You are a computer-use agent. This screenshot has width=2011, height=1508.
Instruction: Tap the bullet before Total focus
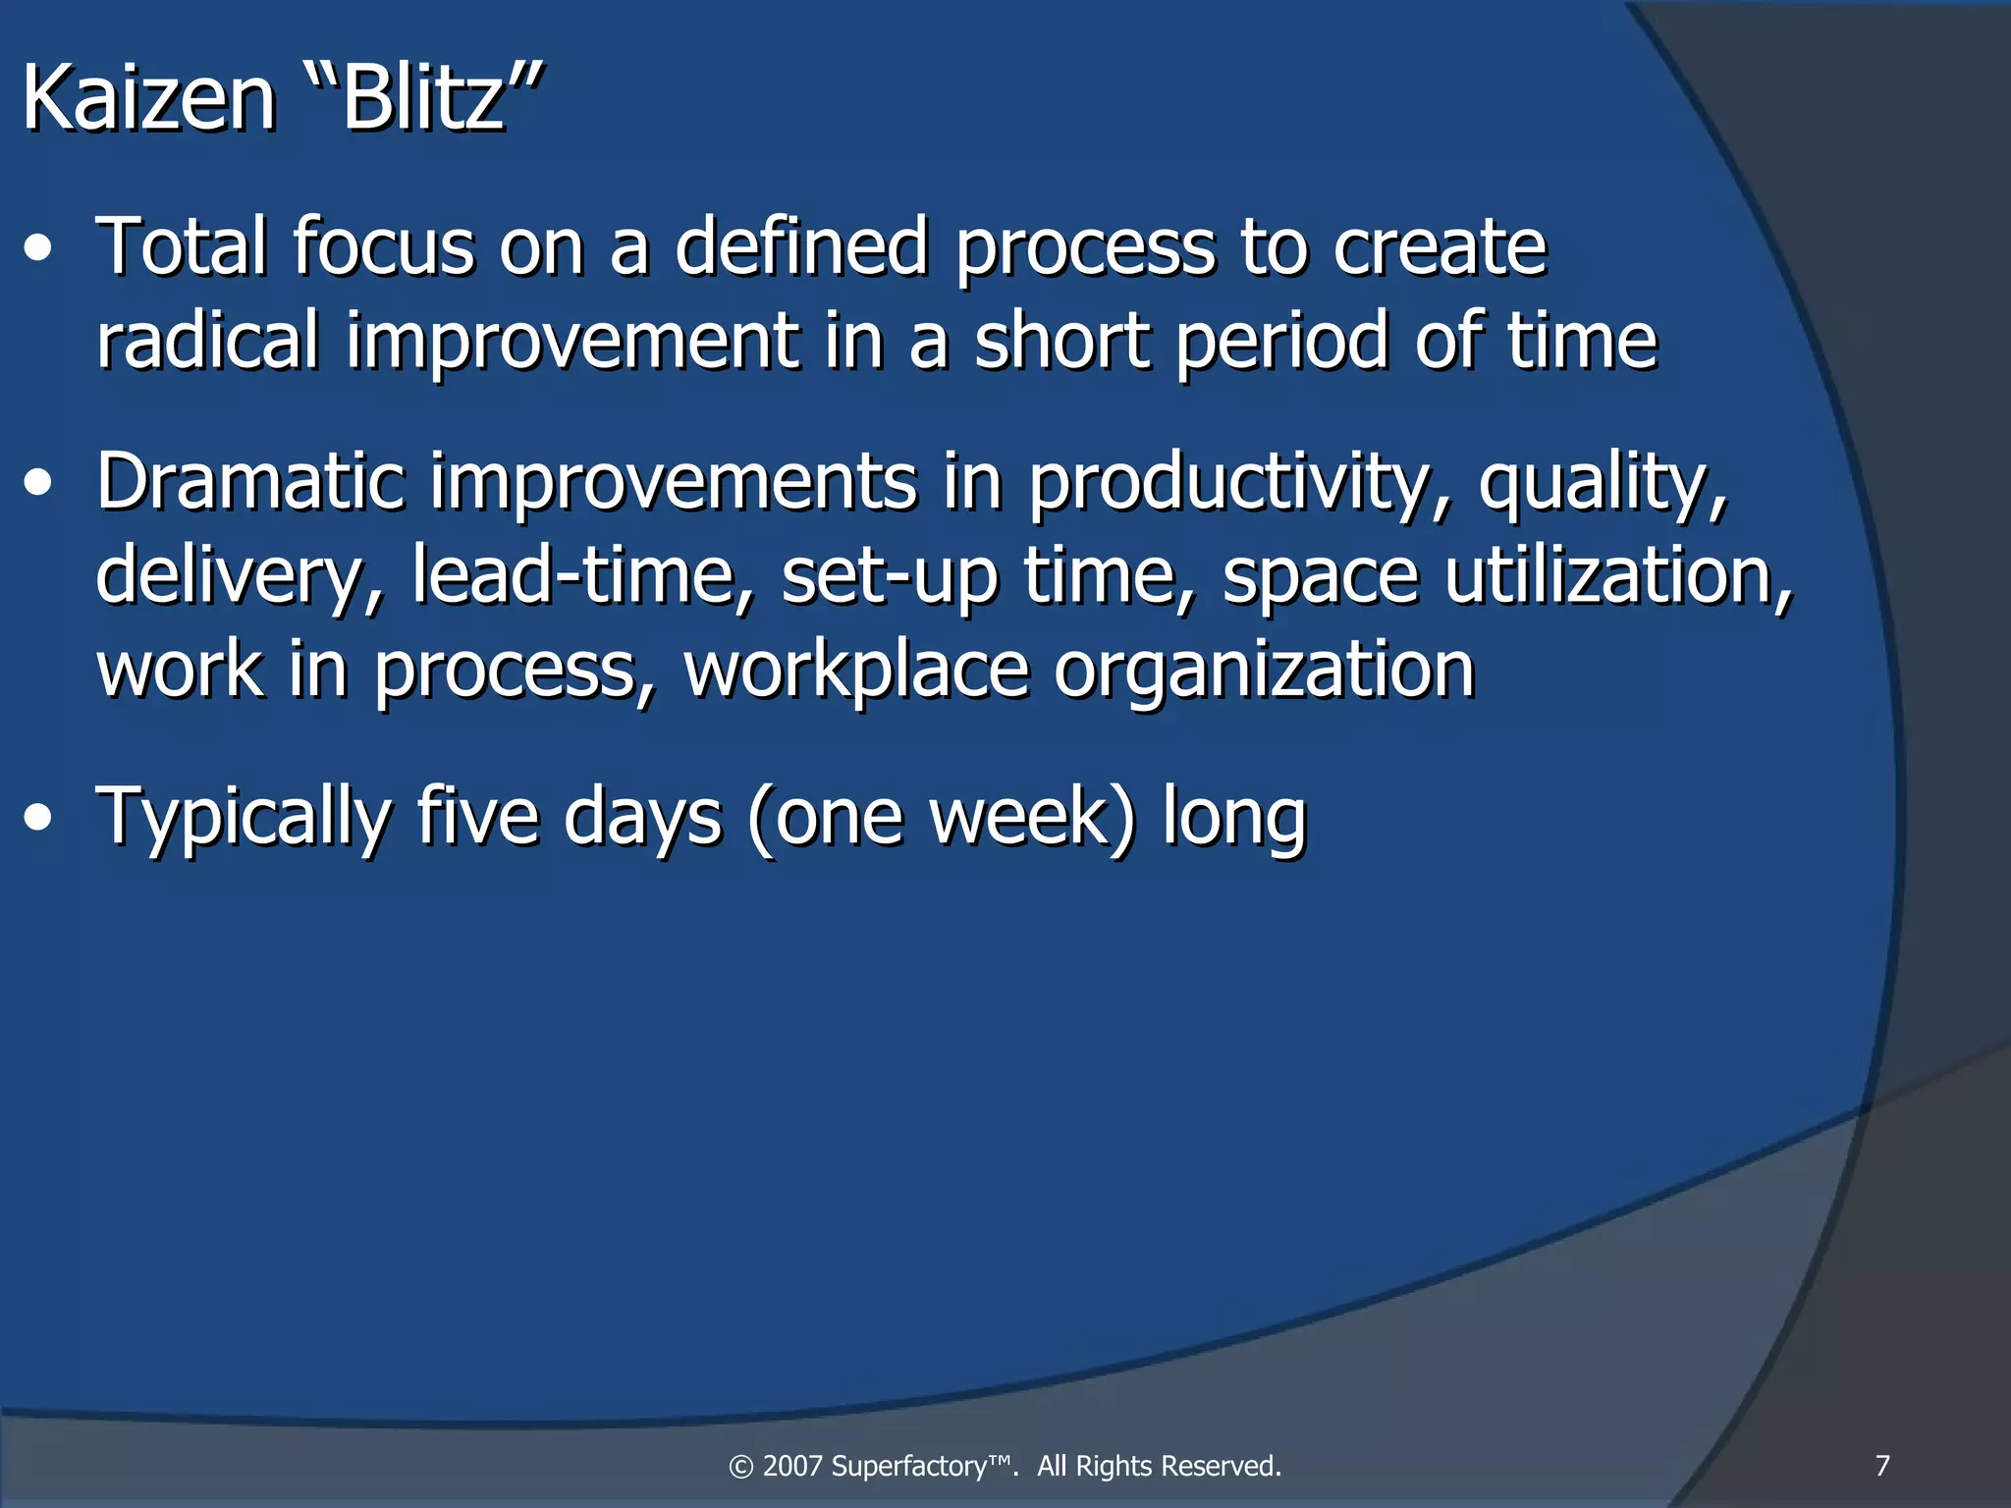(x=38, y=248)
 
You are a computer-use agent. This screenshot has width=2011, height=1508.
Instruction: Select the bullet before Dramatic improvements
(x=38, y=483)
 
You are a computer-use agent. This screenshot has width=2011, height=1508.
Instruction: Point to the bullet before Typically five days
(x=38, y=817)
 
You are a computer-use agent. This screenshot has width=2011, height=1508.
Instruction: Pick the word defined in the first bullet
(x=801, y=246)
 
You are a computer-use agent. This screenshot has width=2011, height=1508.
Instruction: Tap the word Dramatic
(x=250, y=481)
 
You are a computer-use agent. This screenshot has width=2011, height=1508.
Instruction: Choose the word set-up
(x=890, y=576)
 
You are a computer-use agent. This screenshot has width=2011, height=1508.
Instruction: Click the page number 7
(x=1882, y=1466)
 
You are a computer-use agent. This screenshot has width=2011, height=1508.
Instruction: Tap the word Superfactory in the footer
(x=920, y=1466)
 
